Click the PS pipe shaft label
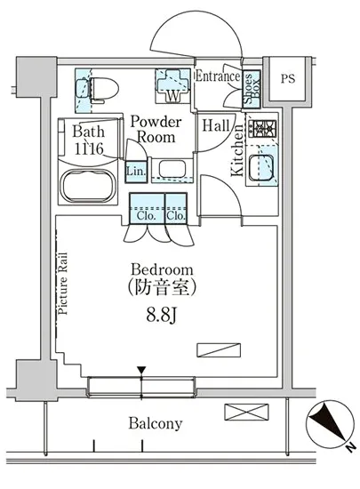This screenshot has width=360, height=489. pyautogui.click(x=288, y=78)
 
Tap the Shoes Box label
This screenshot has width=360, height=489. pyautogui.click(x=252, y=89)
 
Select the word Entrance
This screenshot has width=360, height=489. pyautogui.click(x=218, y=76)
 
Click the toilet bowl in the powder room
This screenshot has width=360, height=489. pyautogui.click(x=104, y=89)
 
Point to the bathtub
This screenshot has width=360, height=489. pyautogui.click(x=88, y=186)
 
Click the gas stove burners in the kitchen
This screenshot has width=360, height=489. pyautogui.click(x=265, y=129)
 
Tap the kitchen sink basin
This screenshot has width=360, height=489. pyautogui.click(x=261, y=167)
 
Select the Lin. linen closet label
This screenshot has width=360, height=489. pyautogui.click(x=136, y=172)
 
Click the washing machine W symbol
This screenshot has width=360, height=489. pyautogui.click(x=172, y=95)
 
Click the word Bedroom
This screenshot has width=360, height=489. pyautogui.click(x=162, y=269)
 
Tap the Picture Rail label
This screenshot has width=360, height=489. pyautogui.click(x=62, y=283)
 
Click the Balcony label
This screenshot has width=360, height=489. pyautogui.click(x=156, y=423)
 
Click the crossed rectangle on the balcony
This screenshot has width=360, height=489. pyautogui.click(x=246, y=412)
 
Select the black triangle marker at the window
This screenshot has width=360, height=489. pyautogui.click(x=142, y=371)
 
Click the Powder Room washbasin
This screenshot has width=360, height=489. pyautogui.click(x=172, y=169)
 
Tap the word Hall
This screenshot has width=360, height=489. pyautogui.click(x=216, y=125)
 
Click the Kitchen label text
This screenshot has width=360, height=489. pyautogui.click(x=237, y=150)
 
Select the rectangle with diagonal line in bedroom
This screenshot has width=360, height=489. pyautogui.click(x=219, y=350)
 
